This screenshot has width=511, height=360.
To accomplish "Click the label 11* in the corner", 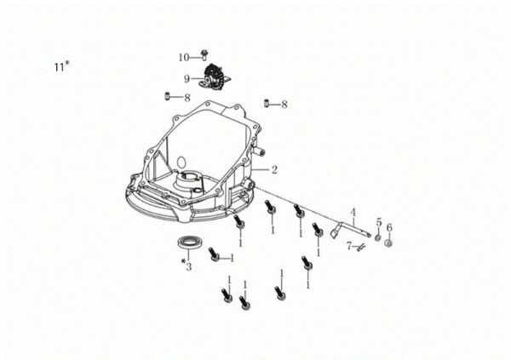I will [x=59, y=66].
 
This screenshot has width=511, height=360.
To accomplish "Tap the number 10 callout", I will [x=183, y=57].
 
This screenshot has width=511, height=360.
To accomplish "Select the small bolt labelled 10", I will [x=205, y=56].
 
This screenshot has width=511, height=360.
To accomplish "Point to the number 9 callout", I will [x=186, y=78].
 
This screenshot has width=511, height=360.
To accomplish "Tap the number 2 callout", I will [x=274, y=169].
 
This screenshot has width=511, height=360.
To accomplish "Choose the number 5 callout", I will [x=378, y=222].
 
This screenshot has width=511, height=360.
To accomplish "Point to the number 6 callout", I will [x=389, y=227].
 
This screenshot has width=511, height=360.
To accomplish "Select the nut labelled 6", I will [x=388, y=243].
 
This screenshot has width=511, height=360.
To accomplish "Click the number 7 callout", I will [x=349, y=246].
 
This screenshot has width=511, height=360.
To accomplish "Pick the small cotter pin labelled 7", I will [x=362, y=246].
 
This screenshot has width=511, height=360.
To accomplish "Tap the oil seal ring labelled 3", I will [x=187, y=243].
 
